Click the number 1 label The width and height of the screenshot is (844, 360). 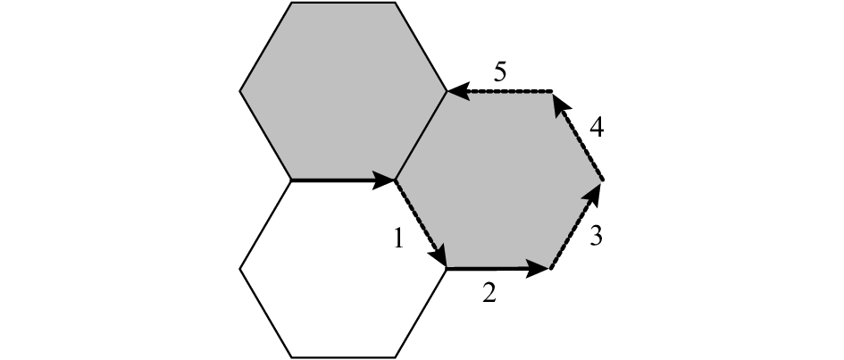pos(398,239)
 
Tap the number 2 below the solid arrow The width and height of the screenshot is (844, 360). pos(489,293)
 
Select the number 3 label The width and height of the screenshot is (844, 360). pos(596,236)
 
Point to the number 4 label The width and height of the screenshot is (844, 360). pos(597,129)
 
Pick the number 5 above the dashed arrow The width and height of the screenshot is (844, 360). pos(500,72)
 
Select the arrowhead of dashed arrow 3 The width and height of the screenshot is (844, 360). pos(593,194)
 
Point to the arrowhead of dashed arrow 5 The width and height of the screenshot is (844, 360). pos(458,91)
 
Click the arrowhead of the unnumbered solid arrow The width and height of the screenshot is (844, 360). pos(384,180)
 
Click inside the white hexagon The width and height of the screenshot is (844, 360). pos(344,269)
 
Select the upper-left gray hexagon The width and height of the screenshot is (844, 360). pos(344,91)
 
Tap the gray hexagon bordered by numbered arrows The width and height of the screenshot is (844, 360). pos(498,180)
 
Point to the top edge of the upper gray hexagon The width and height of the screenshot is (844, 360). pos(344,3)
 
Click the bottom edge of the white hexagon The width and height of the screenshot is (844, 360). pos(344,357)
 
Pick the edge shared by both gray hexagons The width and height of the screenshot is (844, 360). pos(421,136)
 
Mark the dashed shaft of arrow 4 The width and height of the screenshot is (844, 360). pos(585,145)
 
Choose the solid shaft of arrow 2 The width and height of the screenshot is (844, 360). pos(487,268)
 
